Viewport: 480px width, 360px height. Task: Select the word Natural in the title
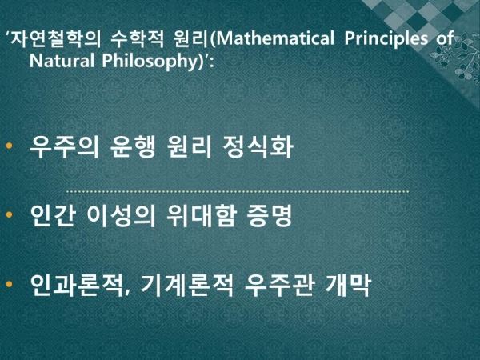62,61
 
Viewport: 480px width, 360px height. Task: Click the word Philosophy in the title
150,62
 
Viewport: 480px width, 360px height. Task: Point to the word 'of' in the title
445,38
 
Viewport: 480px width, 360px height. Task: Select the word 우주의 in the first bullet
65,146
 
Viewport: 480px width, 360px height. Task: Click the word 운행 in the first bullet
133,146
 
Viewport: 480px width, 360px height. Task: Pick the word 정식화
258,146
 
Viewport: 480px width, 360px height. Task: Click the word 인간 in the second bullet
53,215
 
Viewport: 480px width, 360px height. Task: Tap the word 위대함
202,215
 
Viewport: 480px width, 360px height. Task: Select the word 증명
270,215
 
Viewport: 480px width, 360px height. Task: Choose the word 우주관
279,286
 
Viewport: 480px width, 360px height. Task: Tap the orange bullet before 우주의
9,146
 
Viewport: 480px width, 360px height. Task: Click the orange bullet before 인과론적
9,284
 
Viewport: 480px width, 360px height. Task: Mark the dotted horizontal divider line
238,192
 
